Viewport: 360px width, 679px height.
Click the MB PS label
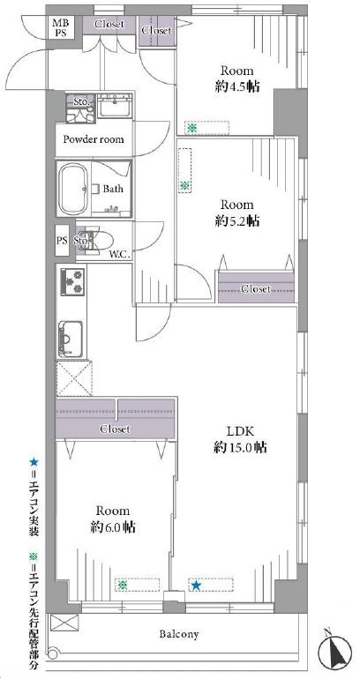tap(61, 26)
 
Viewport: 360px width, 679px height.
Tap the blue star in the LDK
tap(196, 586)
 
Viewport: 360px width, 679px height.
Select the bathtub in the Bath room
tap(73, 189)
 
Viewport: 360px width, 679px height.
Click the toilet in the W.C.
tap(100, 240)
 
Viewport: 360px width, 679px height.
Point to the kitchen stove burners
tap(71, 282)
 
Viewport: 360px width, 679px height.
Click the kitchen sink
tap(71, 339)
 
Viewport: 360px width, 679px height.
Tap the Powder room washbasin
tap(115, 105)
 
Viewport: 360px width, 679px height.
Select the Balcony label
tap(179, 634)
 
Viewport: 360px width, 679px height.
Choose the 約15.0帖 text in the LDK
tap(240, 447)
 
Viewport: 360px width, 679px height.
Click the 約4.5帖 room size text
tap(237, 86)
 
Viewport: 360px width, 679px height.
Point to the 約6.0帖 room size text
tap(113, 527)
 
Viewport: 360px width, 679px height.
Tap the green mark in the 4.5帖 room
tap(191, 128)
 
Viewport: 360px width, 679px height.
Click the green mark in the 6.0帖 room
tap(123, 585)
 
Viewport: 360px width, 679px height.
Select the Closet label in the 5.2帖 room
tap(257, 288)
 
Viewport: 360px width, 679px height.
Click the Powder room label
tap(94, 139)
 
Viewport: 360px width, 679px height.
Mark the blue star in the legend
tap(34, 462)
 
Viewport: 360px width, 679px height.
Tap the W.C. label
tap(120, 255)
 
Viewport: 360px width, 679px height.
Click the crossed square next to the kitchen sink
tap(74, 377)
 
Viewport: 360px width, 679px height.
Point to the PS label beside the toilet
tap(62, 241)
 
